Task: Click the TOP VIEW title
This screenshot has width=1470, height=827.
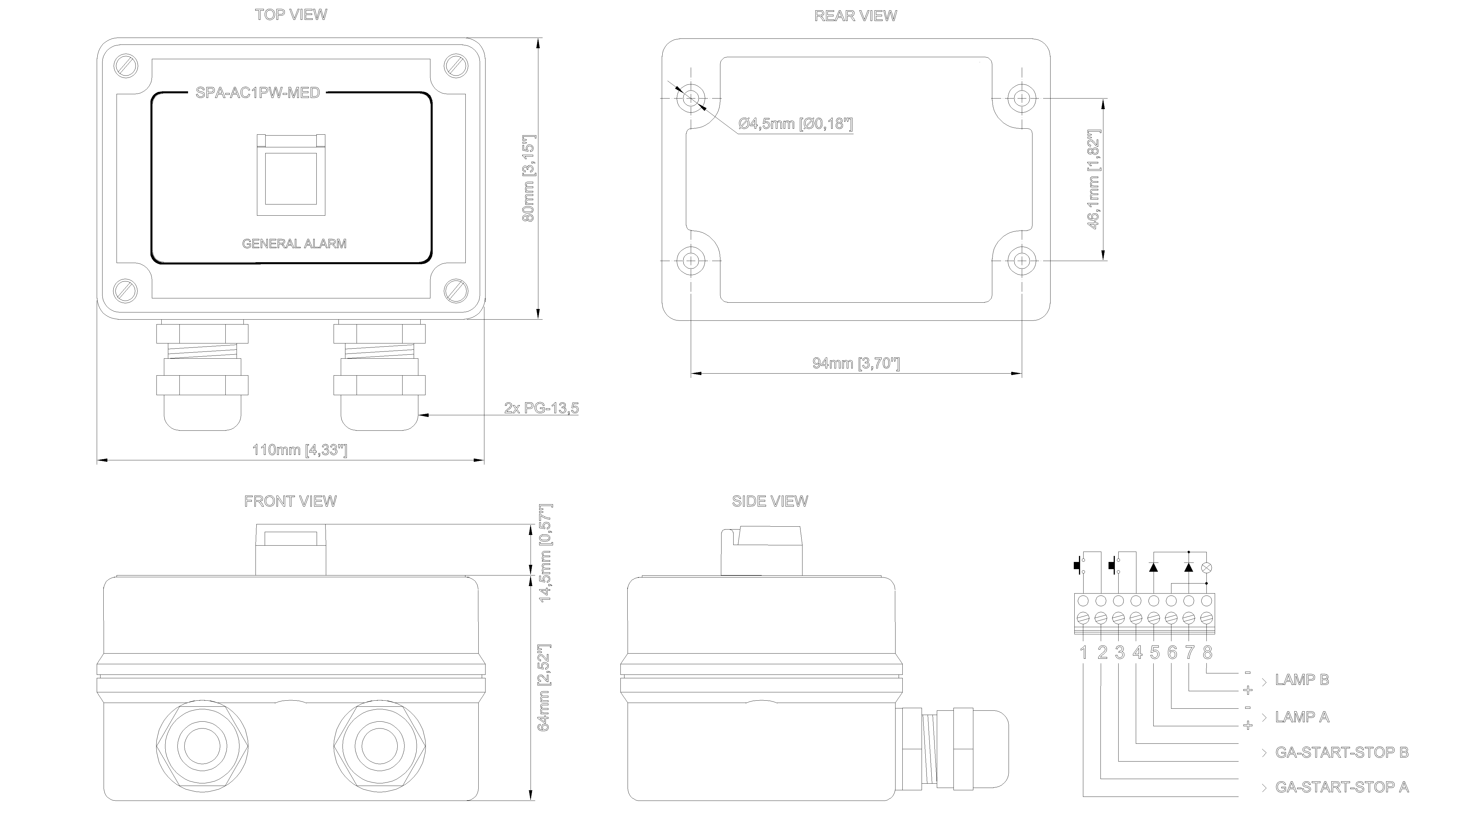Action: [291, 15]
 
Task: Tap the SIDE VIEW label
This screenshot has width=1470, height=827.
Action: [770, 501]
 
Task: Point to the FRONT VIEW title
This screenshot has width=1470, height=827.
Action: [291, 501]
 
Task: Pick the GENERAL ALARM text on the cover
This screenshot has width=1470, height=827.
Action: [295, 244]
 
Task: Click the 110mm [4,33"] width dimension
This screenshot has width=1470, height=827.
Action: [299, 450]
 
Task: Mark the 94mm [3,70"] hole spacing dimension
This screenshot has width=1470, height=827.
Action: [856, 363]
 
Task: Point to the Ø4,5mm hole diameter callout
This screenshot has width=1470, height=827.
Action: [796, 123]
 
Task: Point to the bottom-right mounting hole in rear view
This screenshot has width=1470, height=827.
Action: [1022, 261]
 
